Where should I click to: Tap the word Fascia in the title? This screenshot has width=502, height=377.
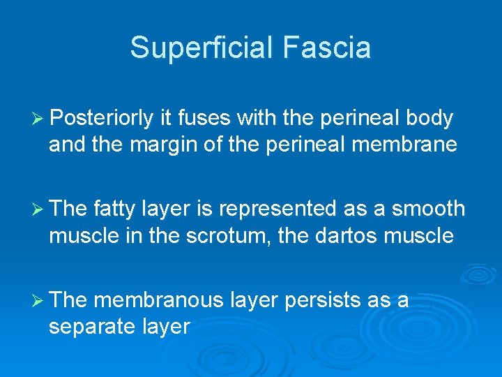click(x=327, y=48)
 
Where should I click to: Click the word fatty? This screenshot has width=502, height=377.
click(x=115, y=209)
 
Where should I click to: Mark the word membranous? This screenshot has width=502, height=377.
click(x=157, y=300)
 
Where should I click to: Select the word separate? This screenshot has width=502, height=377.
click(x=93, y=327)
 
